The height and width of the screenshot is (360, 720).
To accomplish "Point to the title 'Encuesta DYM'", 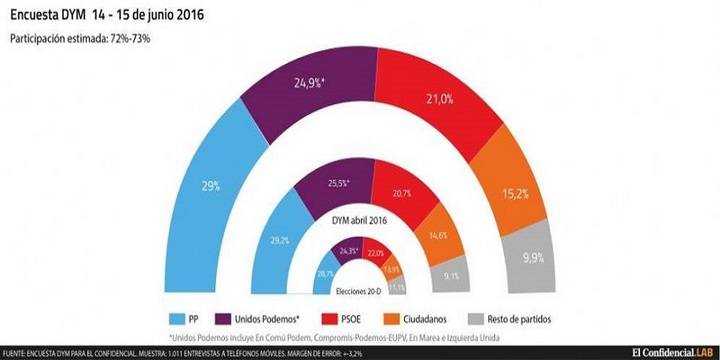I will [x=59, y=15].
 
